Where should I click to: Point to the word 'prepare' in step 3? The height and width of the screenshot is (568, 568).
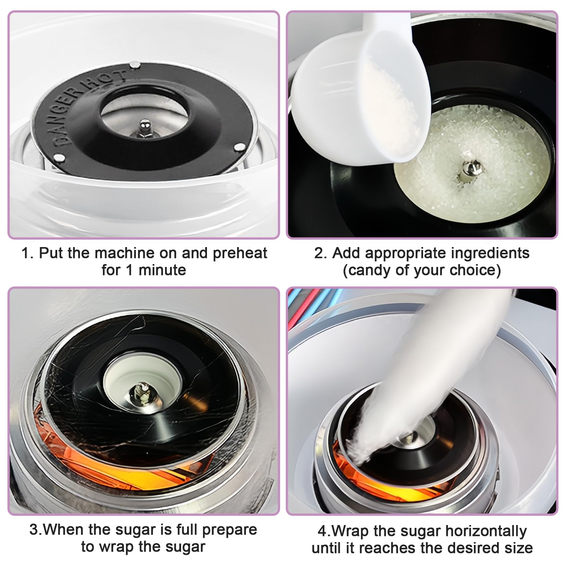tap(230, 530)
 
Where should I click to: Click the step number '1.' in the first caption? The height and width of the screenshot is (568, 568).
tap(28, 253)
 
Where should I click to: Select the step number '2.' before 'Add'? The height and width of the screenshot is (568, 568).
tap(321, 253)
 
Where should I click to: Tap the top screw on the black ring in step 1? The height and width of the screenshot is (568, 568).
tap(135, 65)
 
